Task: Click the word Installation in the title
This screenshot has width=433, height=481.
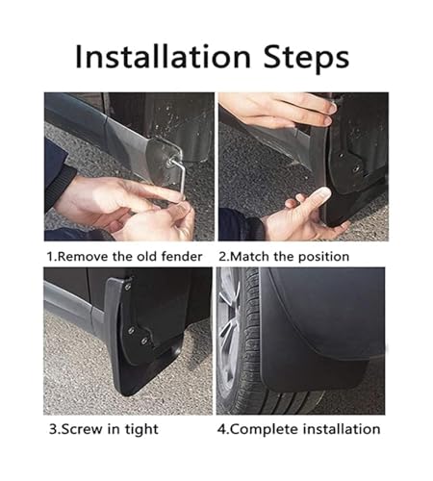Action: coord(163,57)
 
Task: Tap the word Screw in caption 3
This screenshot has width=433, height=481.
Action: coord(82,429)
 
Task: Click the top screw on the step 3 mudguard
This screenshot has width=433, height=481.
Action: coord(128,287)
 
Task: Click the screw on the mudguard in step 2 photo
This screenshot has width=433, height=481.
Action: coord(356,167)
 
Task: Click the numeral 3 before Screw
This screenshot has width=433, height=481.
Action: coord(53,429)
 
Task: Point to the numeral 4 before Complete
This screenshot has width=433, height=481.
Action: coord(221,429)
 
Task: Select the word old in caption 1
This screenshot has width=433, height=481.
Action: coord(147,257)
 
